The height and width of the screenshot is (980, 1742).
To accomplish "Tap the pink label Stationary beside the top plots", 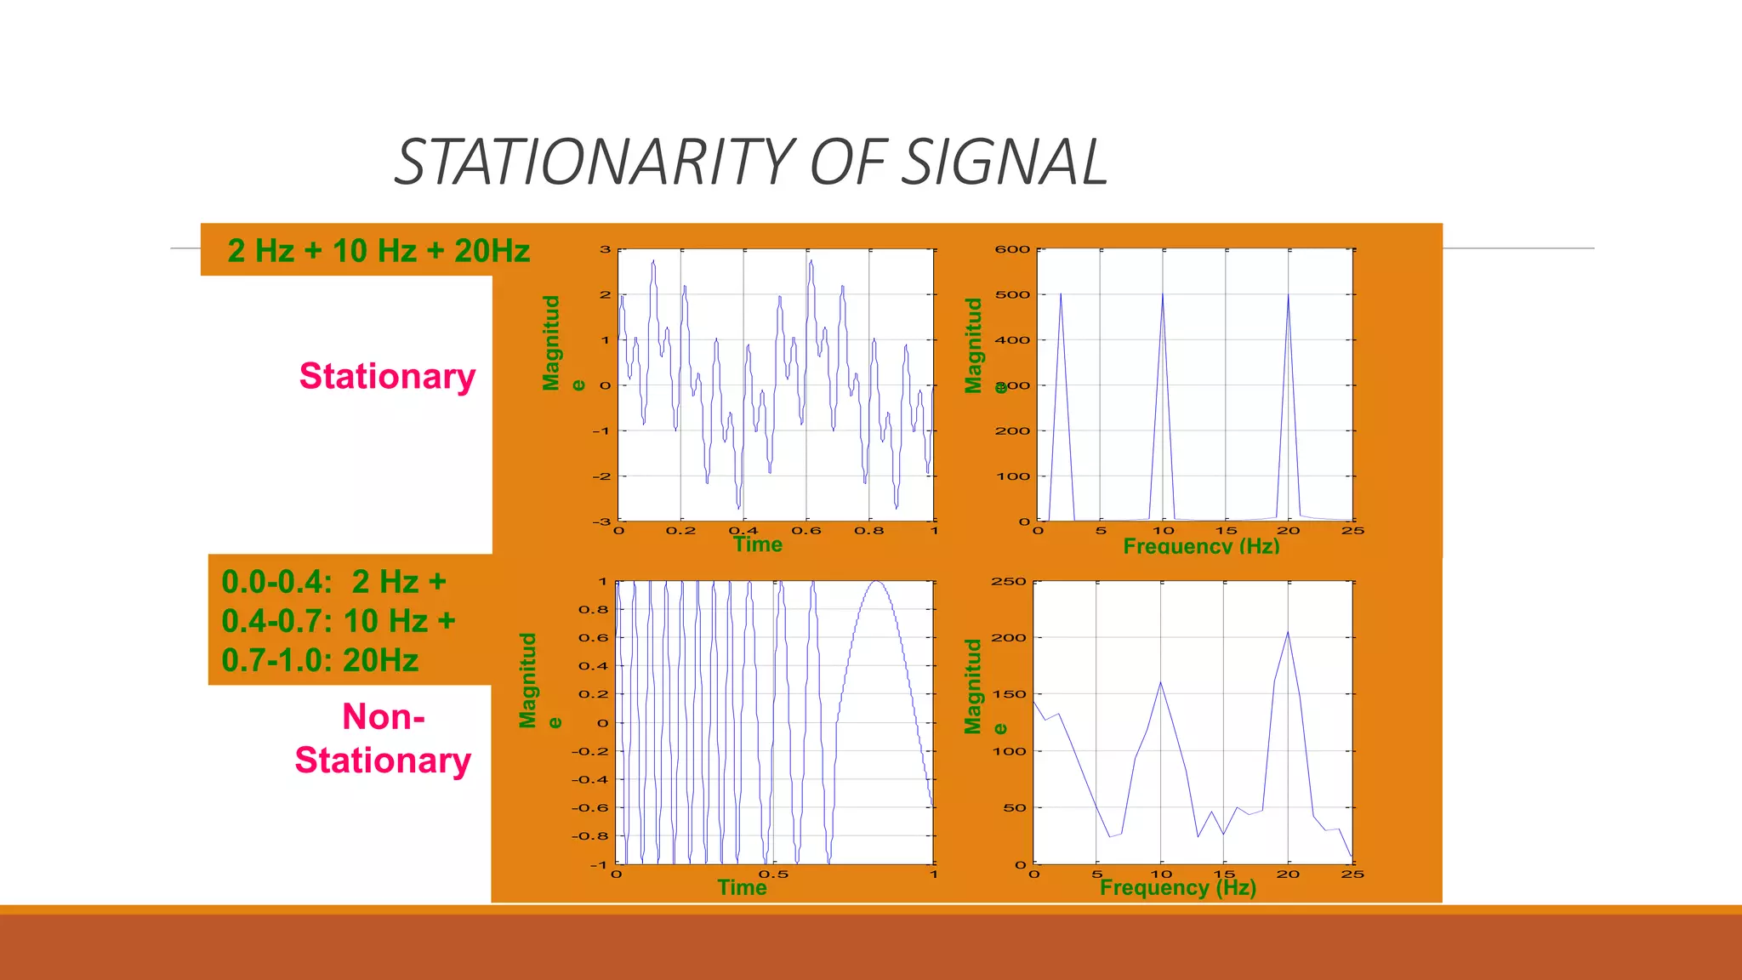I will tap(387, 376).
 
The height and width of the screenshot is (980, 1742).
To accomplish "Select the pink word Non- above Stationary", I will tap(384, 717).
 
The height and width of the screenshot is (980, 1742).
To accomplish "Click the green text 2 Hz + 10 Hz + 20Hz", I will tap(379, 251).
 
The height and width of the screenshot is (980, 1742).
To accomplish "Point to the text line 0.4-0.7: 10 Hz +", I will tap(339, 621).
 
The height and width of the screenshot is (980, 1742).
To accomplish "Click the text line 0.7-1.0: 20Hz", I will tap(320, 660).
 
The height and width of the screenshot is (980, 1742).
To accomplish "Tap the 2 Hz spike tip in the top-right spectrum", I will tap(1061, 294).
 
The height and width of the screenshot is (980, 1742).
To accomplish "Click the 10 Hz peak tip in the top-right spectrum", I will tap(1163, 294).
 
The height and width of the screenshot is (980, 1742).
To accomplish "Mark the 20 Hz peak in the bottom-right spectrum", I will tap(1288, 632).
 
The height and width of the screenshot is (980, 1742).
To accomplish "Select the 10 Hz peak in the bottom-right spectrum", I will tap(1160, 682).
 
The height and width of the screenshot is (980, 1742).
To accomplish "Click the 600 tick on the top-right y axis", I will tap(1012, 249).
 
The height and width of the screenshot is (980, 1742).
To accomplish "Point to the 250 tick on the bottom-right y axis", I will tap(1009, 582).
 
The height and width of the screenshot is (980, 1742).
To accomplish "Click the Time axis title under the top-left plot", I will tap(758, 544).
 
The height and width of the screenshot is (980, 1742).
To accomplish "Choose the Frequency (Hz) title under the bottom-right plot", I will tap(1178, 888).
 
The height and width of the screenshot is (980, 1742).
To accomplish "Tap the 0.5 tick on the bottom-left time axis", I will tap(773, 875).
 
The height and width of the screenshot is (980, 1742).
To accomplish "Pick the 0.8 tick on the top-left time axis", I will tap(868, 531).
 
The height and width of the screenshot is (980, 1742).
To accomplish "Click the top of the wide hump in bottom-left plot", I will tap(876, 582).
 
